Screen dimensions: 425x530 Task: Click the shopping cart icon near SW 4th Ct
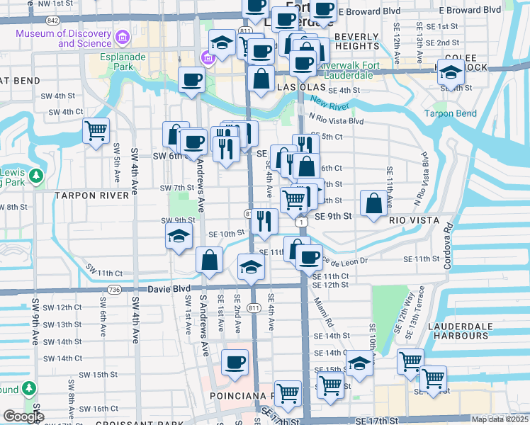(96, 131)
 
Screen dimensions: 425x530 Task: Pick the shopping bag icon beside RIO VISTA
(374, 204)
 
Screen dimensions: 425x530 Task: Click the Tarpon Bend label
(450, 113)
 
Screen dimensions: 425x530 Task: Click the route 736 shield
(113, 290)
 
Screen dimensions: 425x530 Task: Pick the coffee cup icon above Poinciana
(235, 362)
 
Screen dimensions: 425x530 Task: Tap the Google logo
(23, 416)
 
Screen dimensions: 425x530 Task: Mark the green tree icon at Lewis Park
(33, 174)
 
